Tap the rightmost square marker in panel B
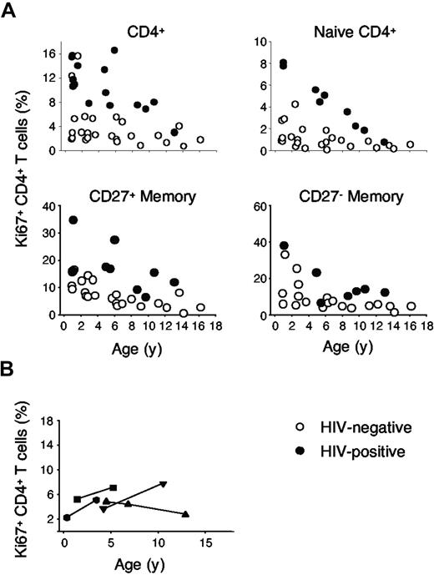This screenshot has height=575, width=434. tap(114, 487)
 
